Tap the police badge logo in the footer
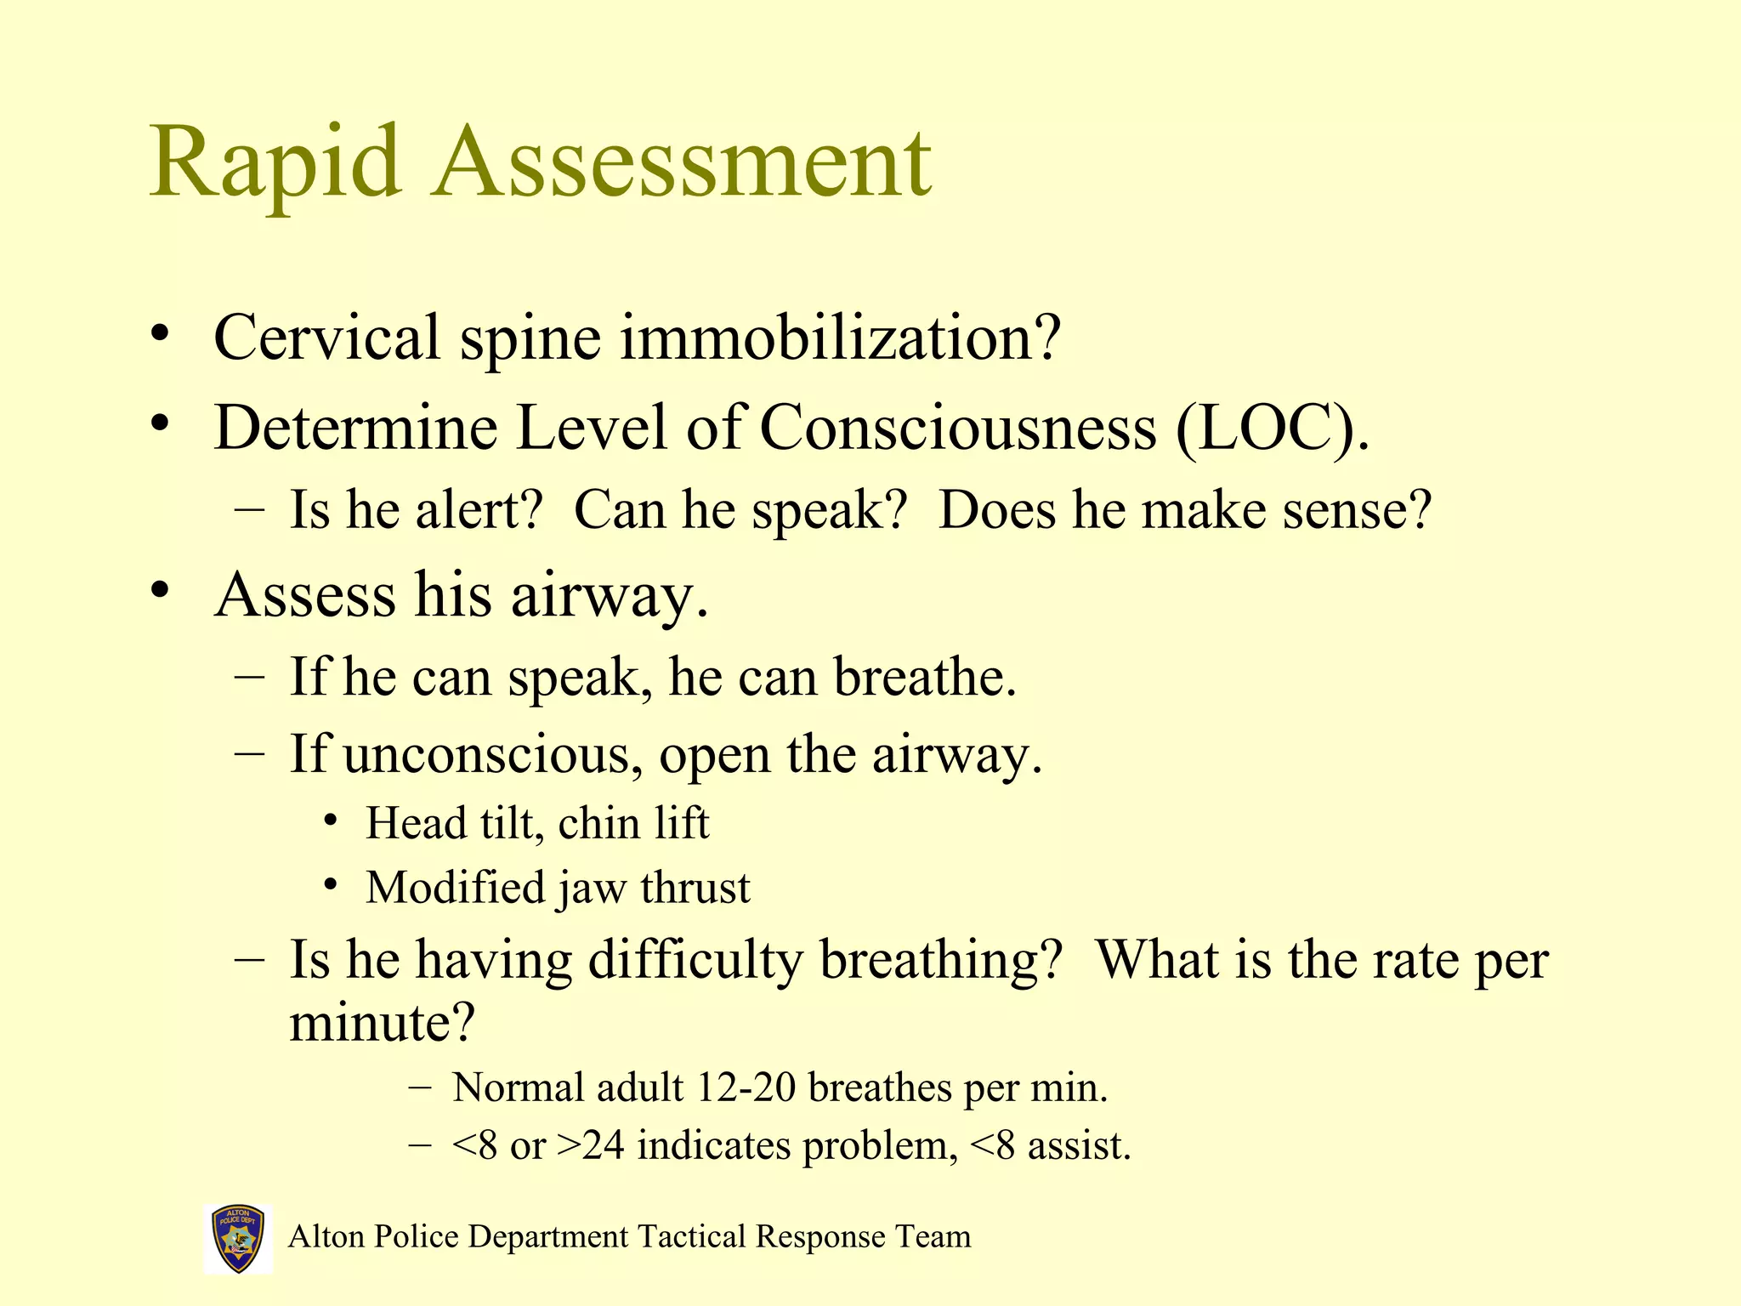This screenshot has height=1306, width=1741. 238,1238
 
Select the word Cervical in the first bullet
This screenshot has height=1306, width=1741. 326,338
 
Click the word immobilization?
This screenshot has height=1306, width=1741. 840,338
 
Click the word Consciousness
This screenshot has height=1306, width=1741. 957,428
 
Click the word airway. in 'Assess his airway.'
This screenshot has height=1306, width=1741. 609,595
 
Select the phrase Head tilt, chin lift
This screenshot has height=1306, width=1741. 537,823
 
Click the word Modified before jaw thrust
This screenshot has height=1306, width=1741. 455,888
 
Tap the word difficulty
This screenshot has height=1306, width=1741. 695,960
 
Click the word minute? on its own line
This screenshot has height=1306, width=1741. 382,1022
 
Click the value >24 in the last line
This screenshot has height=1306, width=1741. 590,1145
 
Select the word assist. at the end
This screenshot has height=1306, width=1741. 1079,1145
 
